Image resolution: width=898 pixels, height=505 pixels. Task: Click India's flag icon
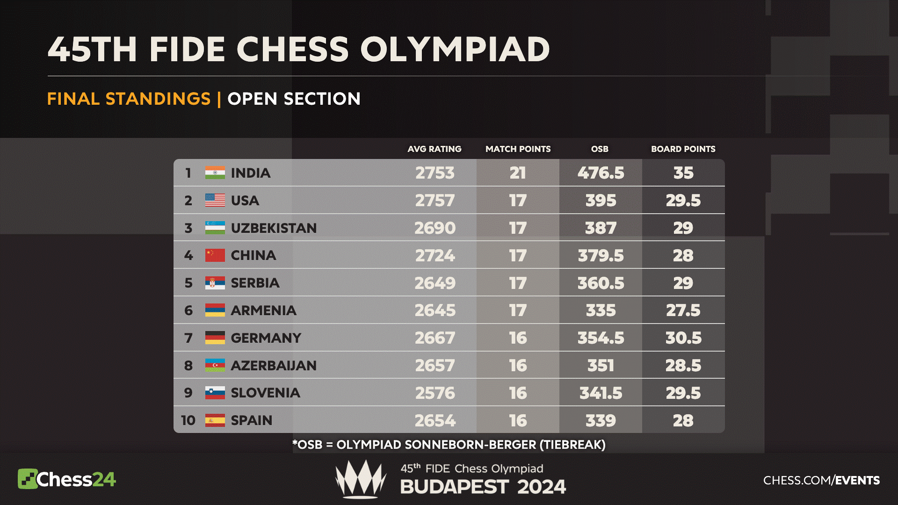(215, 173)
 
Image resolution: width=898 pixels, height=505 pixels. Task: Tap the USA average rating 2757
(435, 201)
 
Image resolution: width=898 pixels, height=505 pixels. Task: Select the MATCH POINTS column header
(518, 149)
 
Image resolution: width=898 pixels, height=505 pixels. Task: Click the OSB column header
(600, 149)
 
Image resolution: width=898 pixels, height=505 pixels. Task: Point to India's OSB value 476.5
(601, 173)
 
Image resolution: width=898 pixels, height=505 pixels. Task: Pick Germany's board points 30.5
(683, 338)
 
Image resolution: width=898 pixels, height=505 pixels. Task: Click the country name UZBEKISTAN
(274, 228)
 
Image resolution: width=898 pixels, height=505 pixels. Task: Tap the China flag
(215, 255)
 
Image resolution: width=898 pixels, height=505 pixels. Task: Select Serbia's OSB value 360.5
(601, 283)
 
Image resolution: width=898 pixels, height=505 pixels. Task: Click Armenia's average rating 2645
(435, 310)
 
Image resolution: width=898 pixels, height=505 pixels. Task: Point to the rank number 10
(188, 420)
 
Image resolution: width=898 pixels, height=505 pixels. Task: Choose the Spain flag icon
(215, 420)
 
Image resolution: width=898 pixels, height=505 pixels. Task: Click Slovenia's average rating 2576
(435, 393)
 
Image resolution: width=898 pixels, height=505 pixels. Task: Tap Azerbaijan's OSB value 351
(601, 366)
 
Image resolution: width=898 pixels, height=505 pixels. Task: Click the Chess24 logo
(66, 479)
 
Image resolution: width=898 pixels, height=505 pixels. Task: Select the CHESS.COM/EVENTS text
(821, 480)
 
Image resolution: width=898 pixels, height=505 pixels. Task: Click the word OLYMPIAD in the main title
(455, 50)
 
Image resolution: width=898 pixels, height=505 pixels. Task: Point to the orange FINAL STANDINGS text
(129, 99)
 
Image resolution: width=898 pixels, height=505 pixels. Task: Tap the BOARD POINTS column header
(683, 149)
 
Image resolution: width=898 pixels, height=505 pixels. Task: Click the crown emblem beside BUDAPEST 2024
(361, 479)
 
